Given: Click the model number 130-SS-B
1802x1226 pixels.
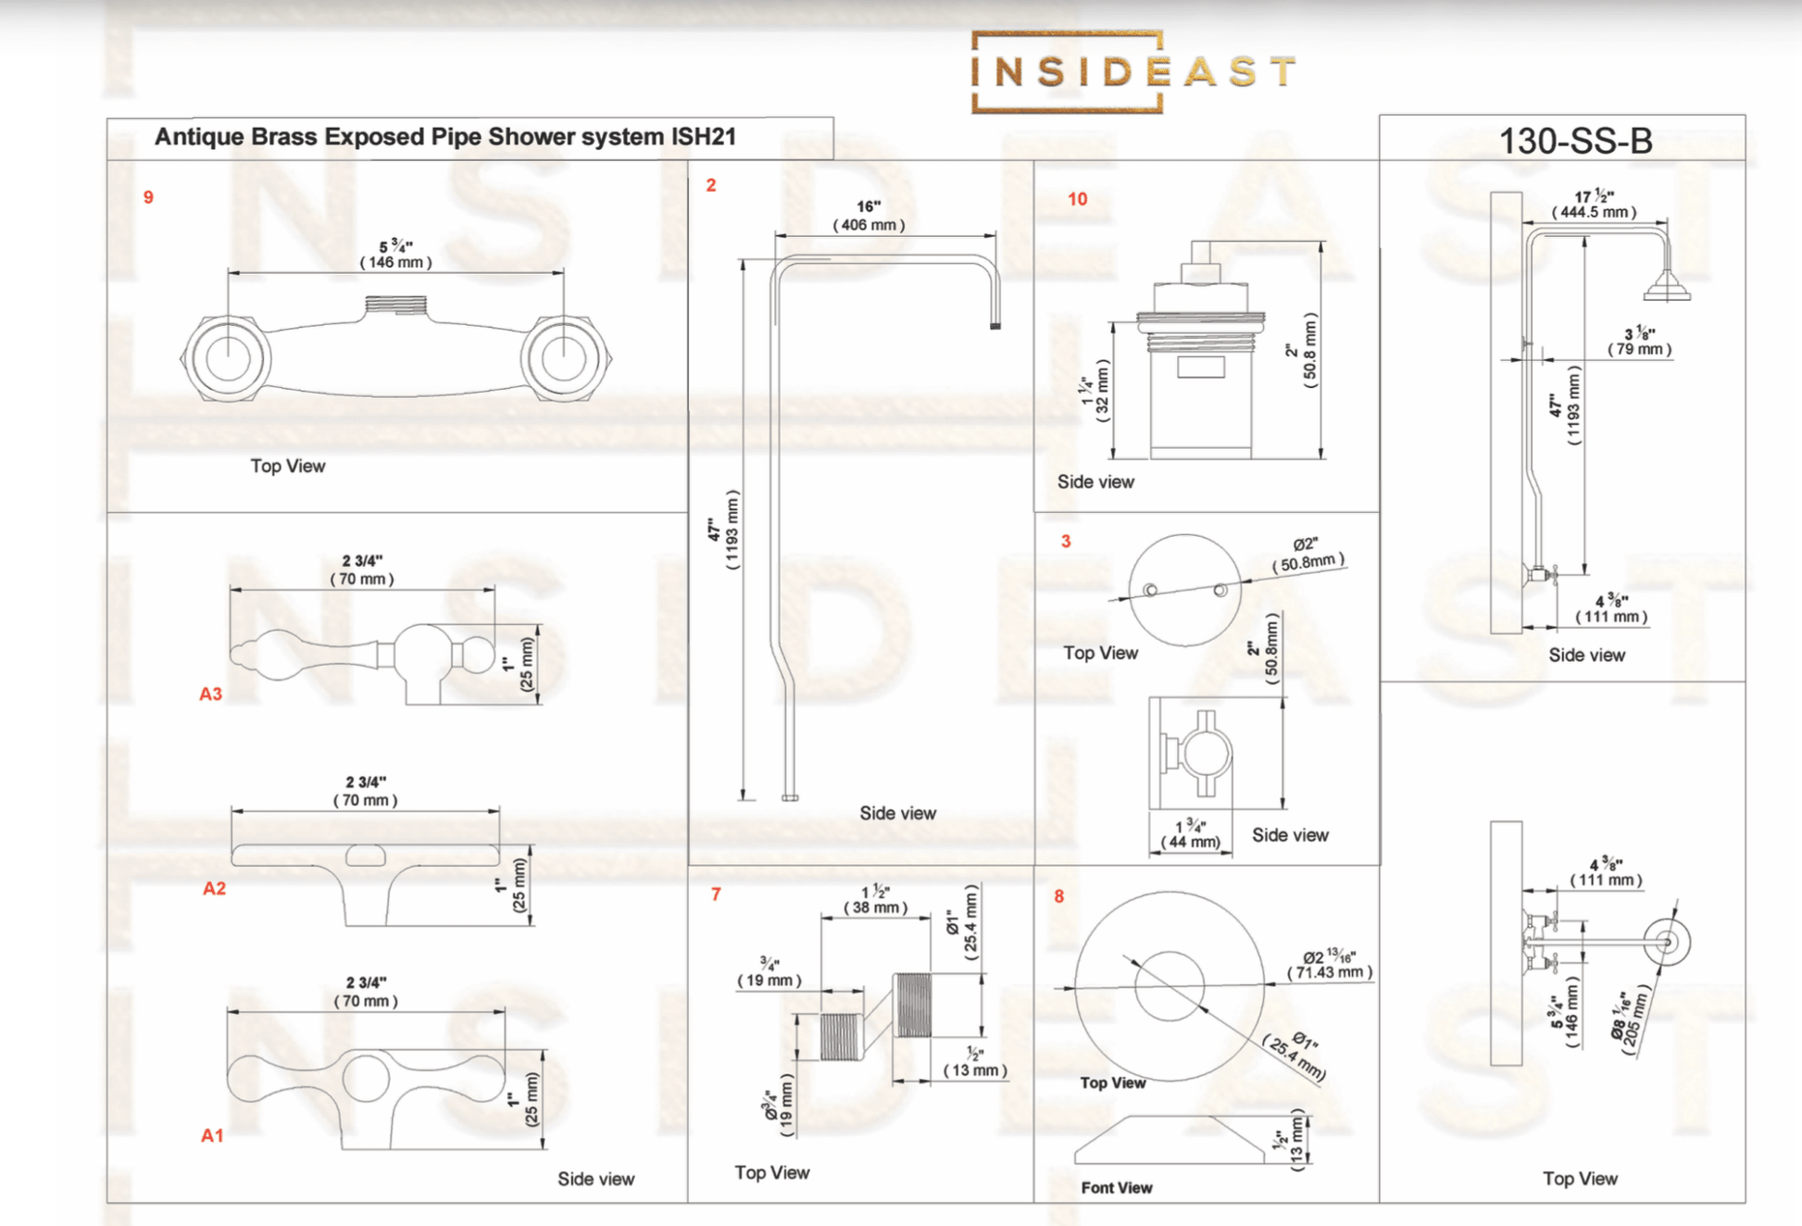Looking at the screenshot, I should [1574, 141].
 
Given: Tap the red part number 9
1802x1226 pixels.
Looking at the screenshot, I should [148, 197].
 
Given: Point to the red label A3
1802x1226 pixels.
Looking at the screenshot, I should [210, 694].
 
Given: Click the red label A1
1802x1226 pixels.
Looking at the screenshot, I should [212, 1135].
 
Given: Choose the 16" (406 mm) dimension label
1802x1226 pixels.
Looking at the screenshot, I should [868, 216].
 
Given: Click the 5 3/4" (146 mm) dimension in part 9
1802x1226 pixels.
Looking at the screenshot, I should [395, 255].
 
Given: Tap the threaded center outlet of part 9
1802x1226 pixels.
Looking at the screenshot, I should [395, 305].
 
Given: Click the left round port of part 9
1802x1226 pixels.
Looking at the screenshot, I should [227, 358].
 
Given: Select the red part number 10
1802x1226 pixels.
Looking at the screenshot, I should [1077, 199].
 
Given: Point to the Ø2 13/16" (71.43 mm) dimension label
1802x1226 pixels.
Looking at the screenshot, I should [1330, 964].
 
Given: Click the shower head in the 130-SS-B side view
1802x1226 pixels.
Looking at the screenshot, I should [1667, 287].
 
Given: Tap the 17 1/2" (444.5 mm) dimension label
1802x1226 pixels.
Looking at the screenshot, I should [1594, 205].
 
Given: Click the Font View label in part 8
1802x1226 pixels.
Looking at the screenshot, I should [1116, 1187].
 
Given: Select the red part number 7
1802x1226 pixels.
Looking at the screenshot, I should [716, 894].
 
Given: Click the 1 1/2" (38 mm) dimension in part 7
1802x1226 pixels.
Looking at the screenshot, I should [875, 900].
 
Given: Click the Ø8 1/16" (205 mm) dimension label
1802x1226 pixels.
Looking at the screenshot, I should [1630, 1019].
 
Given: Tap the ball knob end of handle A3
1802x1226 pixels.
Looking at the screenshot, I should [478, 655].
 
